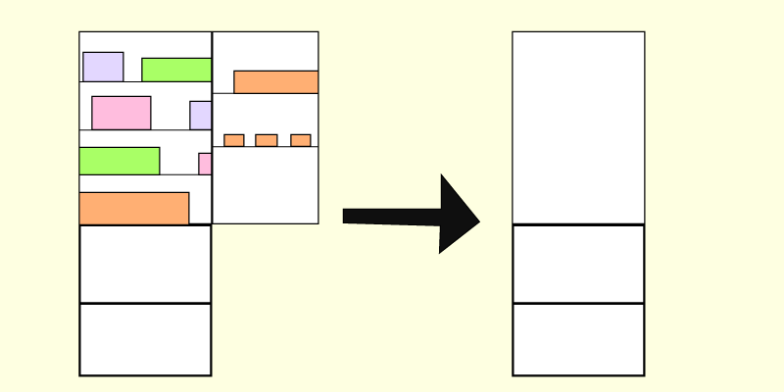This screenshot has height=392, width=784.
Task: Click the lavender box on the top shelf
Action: [x=103, y=67]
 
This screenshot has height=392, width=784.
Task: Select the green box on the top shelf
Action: [x=176, y=70]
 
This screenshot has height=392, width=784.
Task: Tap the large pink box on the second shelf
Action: [x=122, y=113]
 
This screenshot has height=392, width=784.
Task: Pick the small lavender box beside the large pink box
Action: [x=201, y=115]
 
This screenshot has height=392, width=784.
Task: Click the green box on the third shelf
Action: [x=120, y=161]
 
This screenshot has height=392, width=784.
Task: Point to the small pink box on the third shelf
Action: [x=205, y=164]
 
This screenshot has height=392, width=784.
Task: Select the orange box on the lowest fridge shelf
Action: [x=133, y=208]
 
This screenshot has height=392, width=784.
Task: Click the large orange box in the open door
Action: [x=275, y=81]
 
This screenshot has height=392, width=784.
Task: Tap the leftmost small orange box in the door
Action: [x=234, y=140]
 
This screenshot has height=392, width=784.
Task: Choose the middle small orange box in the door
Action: [x=266, y=140]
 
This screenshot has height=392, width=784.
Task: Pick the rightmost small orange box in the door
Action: [x=301, y=140]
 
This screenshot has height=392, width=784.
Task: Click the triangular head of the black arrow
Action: [x=457, y=215]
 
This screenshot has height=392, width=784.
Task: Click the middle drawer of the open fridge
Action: [x=145, y=264]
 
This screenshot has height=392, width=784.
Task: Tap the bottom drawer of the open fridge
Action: [x=145, y=339]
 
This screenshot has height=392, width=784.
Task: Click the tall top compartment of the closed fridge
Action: [x=578, y=127]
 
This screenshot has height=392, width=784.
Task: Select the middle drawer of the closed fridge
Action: [x=578, y=264]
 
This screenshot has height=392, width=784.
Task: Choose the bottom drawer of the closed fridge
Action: [x=578, y=339]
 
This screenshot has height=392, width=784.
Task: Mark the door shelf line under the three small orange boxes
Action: [x=265, y=147]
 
